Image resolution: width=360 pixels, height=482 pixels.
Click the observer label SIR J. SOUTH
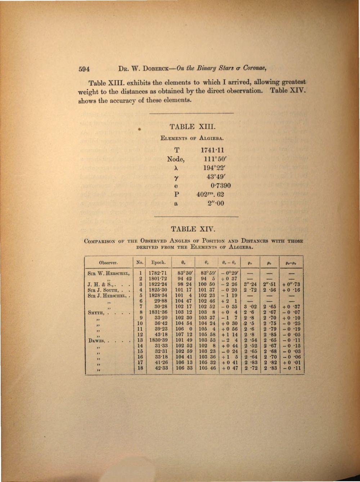tap(103, 290)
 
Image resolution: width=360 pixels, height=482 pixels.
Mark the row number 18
tap(141, 369)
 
